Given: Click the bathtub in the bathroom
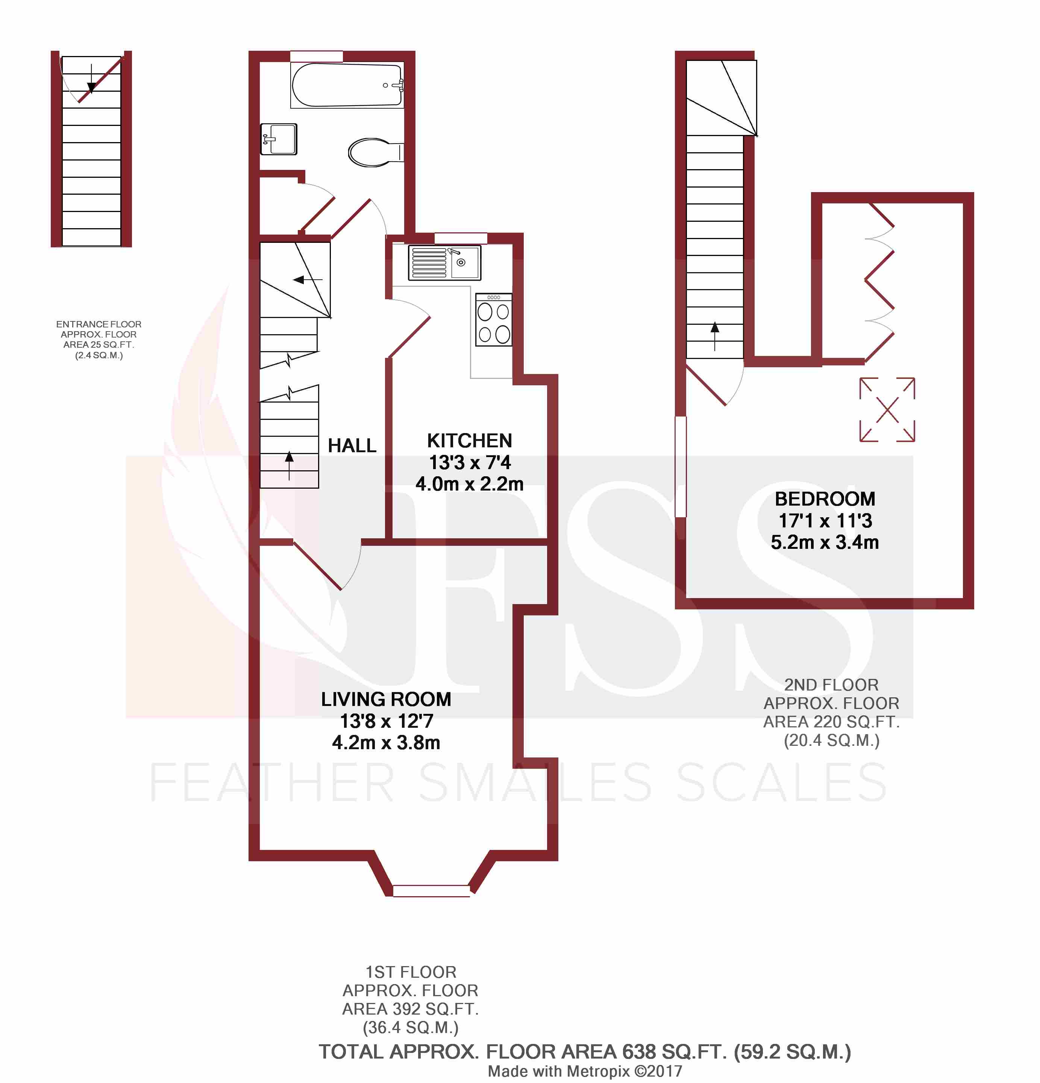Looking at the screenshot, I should (347, 85).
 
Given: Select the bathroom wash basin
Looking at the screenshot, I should (279, 139).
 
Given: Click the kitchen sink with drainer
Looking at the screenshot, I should (444, 263).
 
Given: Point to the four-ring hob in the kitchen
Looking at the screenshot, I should (493, 320).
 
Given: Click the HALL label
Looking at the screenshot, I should (352, 445).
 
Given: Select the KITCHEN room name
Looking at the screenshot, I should (469, 441).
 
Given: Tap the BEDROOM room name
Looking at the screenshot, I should (825, 499).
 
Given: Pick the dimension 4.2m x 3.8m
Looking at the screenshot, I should (386, 742).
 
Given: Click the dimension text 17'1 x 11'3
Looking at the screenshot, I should (825, 521).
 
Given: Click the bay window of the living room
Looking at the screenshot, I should (431, 890).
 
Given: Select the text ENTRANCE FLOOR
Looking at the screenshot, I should (99, 324).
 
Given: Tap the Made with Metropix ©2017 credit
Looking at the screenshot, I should (585, 1071).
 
